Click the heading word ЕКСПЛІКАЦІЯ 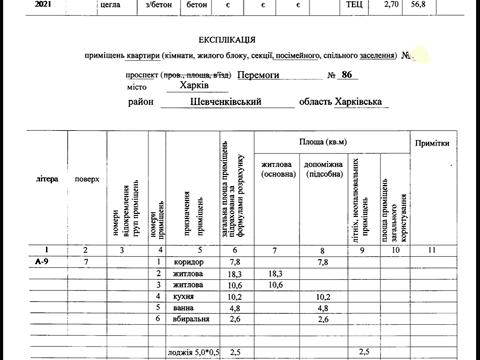click(x=237, y=37)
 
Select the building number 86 click(x=348, y=74)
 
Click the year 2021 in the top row click(x=17, y=5)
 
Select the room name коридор click(x=187, y=261)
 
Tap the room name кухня click(x=184, y=297)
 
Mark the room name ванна click(x=184, y=309)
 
